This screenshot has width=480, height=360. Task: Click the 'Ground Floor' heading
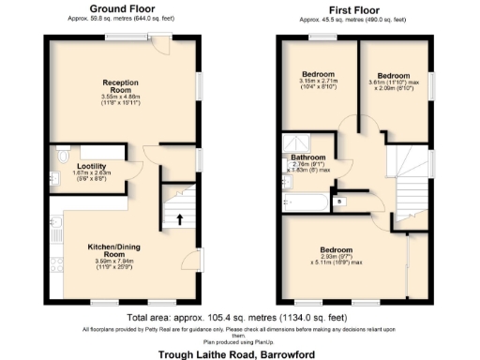(x=122, y=8)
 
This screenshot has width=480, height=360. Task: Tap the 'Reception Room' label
(x=122, y=85)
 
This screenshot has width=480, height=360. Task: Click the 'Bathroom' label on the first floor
(x=308, y=157)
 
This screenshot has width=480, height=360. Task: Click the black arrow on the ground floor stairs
(x=179, y=220)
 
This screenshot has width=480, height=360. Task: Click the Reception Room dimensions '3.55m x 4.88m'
(x=121, y=97)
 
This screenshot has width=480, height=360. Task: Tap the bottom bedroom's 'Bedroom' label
(x=335, y=249)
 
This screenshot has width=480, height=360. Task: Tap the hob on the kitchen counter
(x=55, y=222)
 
